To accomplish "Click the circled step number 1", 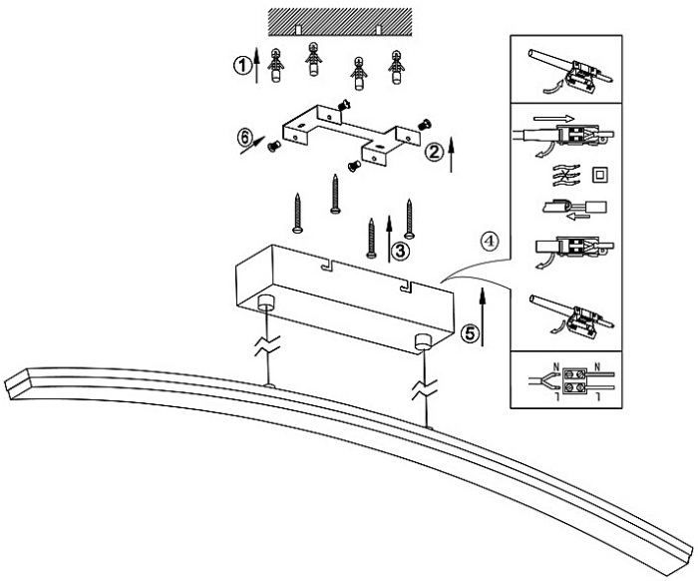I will tap(240, 65).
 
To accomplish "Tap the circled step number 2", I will tap(434, 154).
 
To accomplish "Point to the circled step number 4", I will tap(488, 241).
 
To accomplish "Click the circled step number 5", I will tap(470, 332).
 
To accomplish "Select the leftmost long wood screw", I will tap(297, 212).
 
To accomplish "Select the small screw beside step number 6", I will tap(272, 147).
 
